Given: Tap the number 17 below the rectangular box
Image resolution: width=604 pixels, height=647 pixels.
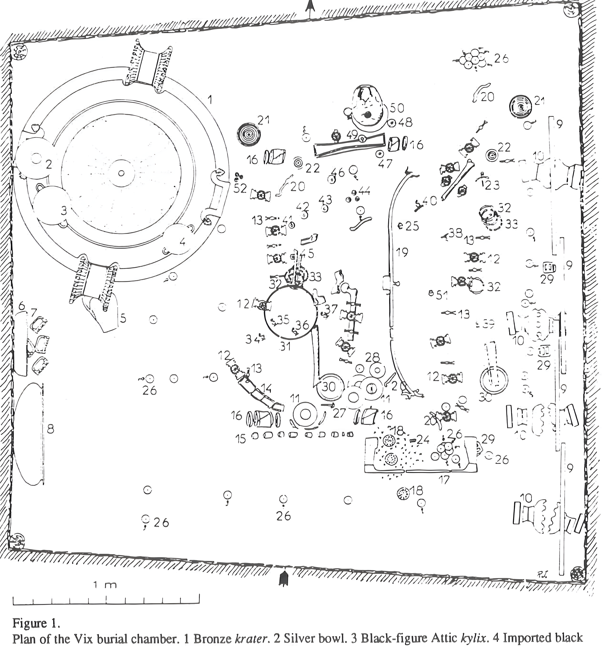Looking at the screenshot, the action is (x=444, y=479).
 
